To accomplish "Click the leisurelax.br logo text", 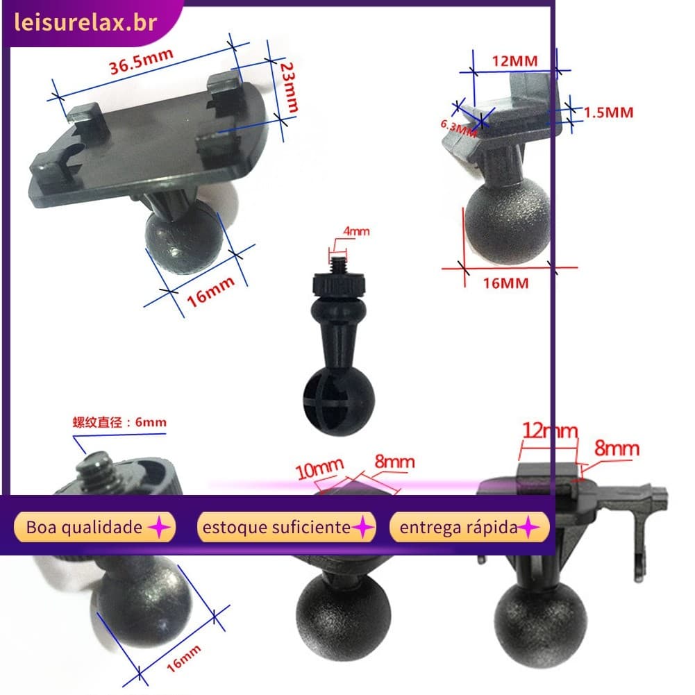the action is tap(85, 22).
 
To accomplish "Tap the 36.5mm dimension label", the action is tap(141, 61).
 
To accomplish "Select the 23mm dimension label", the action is tap(289, 87).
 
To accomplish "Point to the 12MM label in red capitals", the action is tap(514, 60).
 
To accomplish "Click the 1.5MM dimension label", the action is tap(609, 112).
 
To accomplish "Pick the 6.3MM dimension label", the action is tap(458, 128).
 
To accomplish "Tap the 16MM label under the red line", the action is tap(505, 283).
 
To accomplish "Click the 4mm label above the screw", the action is tap(356, 231).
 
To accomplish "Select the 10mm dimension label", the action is tap(319, 468).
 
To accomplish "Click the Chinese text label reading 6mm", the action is tap(119, 422).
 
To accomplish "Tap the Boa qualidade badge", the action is tap(95, 527).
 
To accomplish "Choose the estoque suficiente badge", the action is tap(286, 527).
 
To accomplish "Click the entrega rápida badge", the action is tap(469, 527).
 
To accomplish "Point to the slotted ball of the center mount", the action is tap(339, 401).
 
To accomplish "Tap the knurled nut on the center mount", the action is tap(339, 285).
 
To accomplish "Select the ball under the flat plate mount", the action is tap(185, 236).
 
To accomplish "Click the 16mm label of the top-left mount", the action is tap(210, 292).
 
